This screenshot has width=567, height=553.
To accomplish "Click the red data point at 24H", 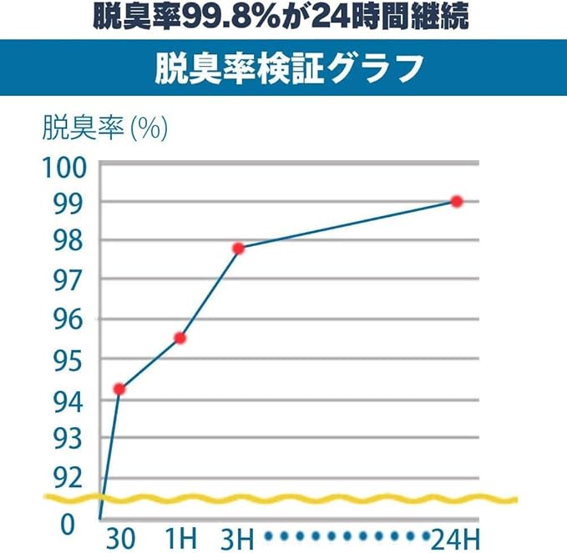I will click(x=456, y=201).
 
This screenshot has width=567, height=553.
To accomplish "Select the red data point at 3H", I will click(x=239, y=249).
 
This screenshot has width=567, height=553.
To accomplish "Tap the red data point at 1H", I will click(x=180, y=338).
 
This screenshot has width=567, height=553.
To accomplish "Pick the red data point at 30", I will click(x=119, y=389).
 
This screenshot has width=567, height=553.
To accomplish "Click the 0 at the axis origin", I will click(x=68, y=524).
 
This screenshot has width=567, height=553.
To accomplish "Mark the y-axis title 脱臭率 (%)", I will click(x=105, y=129).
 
